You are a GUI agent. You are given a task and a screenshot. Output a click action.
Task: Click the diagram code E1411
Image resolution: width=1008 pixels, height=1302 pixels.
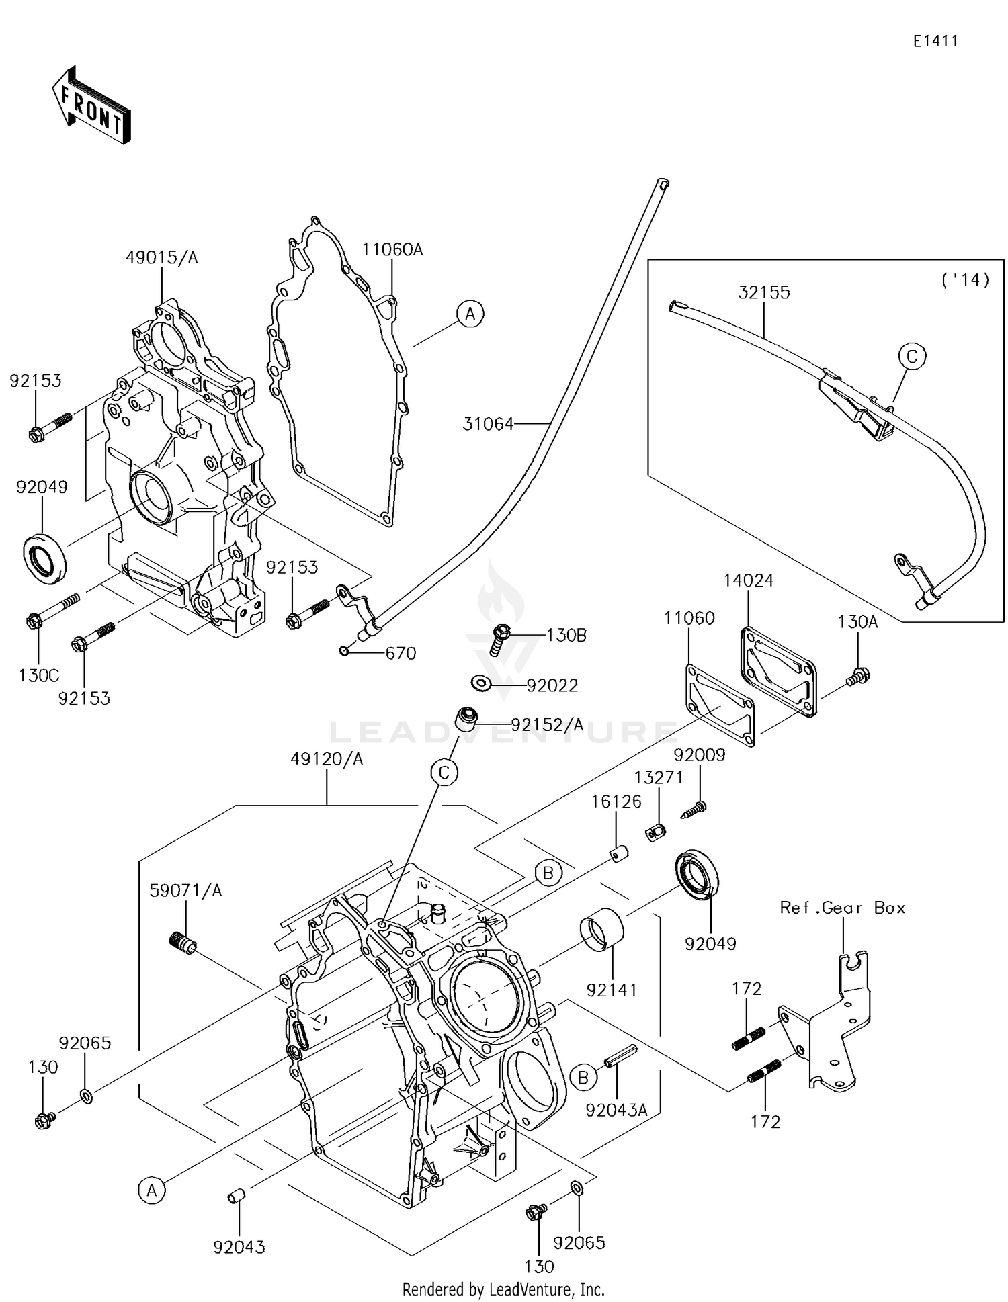pyautogui.click(x=935, y=41)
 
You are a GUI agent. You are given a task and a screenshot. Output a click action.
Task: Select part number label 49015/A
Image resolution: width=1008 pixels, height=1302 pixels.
pyautogui.click(x=162, y=257)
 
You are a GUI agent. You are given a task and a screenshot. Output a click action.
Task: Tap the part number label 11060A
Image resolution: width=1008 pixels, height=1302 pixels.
pyautogui.click(x=392, y=250)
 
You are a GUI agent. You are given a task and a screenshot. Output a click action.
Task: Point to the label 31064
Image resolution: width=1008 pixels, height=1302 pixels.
pyautogui.click(x=488, y=424)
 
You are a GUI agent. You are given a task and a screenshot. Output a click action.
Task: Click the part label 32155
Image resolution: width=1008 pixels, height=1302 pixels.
pyautogui.click(x=763, y=292)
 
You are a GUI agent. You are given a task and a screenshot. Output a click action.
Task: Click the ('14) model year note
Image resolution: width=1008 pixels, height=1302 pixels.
pyautogui.click(x=966, y=279)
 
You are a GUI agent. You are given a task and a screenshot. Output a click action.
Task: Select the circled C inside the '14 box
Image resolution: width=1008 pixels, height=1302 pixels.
pyautogui.click(x=912, y=356)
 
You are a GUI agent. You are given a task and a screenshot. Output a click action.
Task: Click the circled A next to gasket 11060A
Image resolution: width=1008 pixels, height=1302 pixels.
pyautogui.click(x=470, y=314)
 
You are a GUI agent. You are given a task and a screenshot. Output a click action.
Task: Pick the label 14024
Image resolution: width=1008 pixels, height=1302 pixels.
pyautogui.click(x=748, y=580)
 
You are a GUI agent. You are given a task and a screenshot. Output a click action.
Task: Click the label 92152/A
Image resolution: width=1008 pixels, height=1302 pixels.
pyautogui.click(x=547, y=725)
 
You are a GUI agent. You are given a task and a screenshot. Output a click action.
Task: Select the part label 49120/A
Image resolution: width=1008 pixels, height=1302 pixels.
pyautogui.click(x=327, y=758)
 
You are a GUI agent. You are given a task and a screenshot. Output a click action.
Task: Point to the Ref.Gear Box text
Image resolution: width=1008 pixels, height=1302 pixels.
pyautogui.click(x=843, y=908)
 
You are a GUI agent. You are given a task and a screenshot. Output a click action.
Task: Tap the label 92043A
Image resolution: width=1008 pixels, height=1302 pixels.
pyautogui.click(x=616, y=1111)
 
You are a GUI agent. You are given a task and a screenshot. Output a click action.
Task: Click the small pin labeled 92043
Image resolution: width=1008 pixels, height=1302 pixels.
pyautogui.click(x=235, y=1197)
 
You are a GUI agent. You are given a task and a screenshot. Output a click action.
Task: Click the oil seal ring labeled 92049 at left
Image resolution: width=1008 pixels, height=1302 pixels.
pyautogui.click(x=46, y=558)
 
